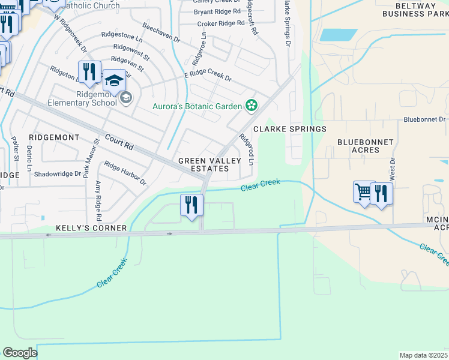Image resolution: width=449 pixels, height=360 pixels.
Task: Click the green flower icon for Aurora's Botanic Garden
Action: [252, 106]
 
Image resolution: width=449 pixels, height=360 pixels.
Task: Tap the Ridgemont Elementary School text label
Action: [97, 98]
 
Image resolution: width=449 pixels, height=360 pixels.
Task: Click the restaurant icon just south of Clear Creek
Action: [191, 205]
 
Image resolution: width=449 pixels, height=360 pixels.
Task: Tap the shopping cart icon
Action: [364, 193]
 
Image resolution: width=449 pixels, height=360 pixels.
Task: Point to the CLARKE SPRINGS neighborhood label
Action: [289, 129]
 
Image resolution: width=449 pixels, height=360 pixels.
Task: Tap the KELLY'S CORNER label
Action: [91, 228]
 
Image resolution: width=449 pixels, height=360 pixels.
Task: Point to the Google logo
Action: [20, 353]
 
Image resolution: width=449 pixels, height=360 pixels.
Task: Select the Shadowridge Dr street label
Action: [57, 174]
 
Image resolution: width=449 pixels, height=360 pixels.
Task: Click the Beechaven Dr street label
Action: [161, 32]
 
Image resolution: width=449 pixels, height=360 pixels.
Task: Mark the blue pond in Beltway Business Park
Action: [339, 35]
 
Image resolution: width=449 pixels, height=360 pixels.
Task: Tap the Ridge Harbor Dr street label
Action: [125, 173]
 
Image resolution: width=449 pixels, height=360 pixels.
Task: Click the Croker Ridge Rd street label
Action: [221, 23]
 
